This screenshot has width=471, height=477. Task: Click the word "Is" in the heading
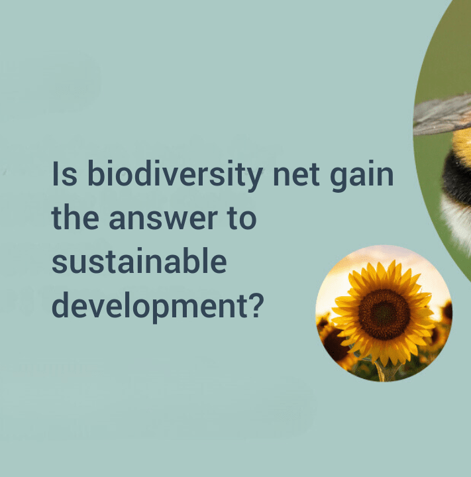coord(64,173)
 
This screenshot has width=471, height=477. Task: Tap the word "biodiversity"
coord(175,176)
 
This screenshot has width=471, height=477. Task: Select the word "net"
coord(296,175)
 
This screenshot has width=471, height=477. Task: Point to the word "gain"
coord(362,176)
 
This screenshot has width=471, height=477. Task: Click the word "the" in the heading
coord(76,217)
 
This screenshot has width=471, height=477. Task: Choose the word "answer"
coord(164,219)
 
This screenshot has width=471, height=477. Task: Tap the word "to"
coord(242,218)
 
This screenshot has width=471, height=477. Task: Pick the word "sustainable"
coord(139,261)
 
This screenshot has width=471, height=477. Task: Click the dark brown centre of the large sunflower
coord(384,315)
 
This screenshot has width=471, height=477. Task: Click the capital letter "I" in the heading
coord(55,173)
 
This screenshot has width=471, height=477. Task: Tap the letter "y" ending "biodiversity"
coord(254,179)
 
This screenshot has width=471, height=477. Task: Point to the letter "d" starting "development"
coord(60,305)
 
